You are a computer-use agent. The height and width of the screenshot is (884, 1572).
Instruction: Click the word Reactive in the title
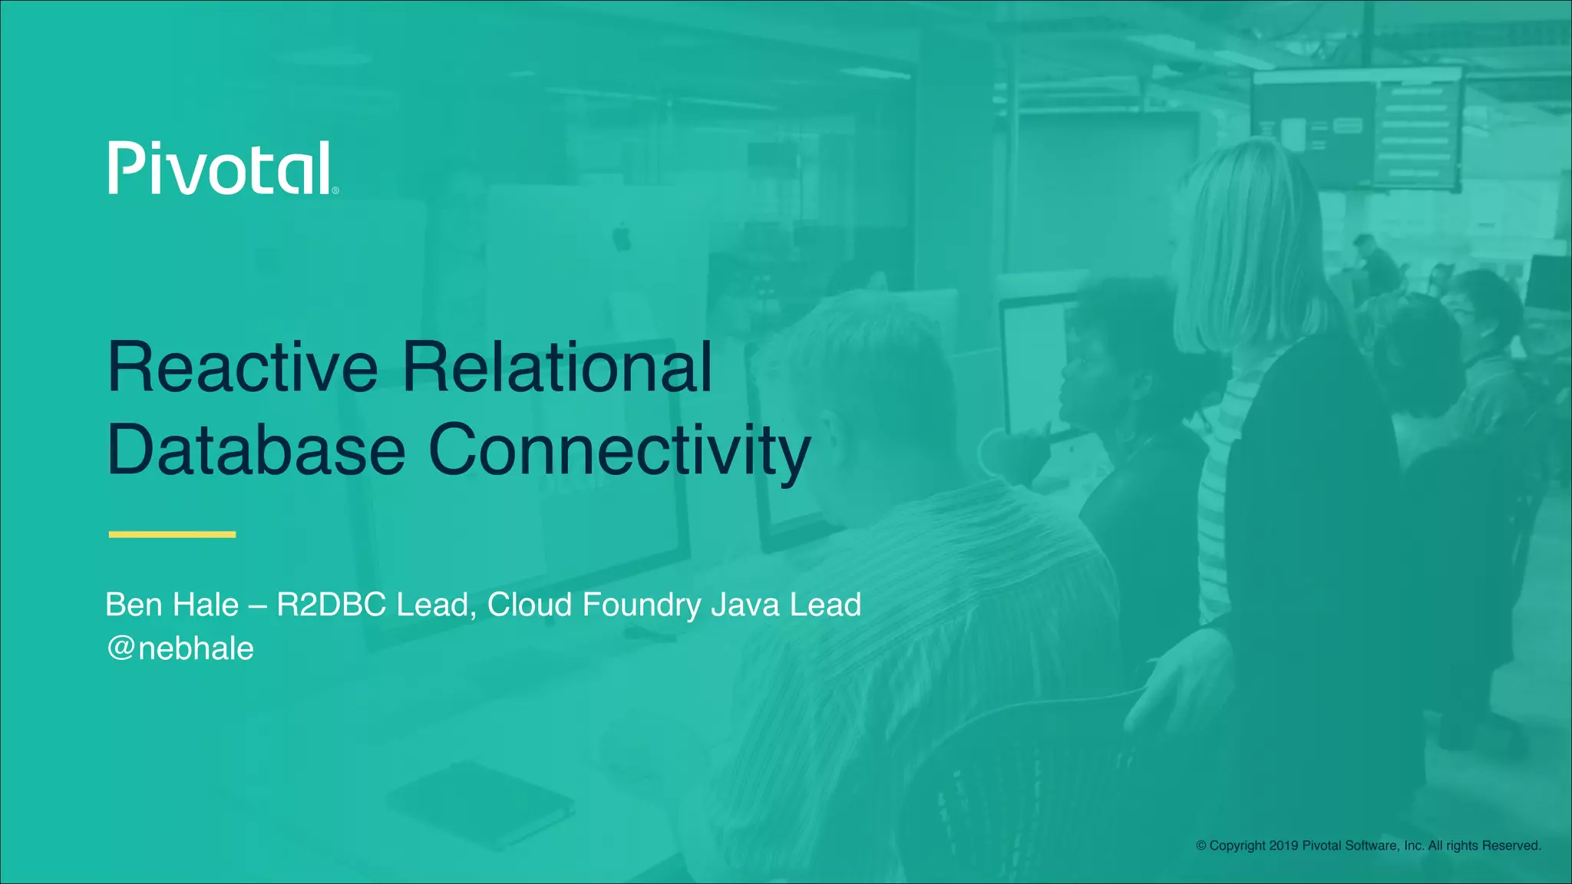coord(243,368)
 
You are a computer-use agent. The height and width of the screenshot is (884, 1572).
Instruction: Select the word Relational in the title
coord(557,368)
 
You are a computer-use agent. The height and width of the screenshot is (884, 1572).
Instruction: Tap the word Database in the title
coord(256,450)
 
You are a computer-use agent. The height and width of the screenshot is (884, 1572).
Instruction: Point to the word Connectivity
coord(619,451)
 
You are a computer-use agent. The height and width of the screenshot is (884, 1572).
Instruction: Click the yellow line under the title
coord(172,534)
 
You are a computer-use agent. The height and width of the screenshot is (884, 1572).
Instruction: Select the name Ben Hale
coord(172,605)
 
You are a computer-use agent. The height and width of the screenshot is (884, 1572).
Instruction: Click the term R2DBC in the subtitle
coord(331,605)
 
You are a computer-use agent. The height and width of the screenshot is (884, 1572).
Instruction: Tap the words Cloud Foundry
coord(594,605)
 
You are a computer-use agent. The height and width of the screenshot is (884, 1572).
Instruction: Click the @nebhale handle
coord(180,648)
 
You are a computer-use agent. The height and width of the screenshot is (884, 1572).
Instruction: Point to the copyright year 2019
coord(1283,846)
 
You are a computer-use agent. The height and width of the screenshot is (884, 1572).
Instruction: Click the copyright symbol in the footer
coord(1201,846)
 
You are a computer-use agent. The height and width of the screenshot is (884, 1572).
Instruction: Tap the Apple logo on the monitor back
coord(622,238)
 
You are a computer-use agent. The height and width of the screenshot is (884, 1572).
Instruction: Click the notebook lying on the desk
coord(480,806)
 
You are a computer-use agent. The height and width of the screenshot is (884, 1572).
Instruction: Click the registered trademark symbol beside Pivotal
coord(335,190)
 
